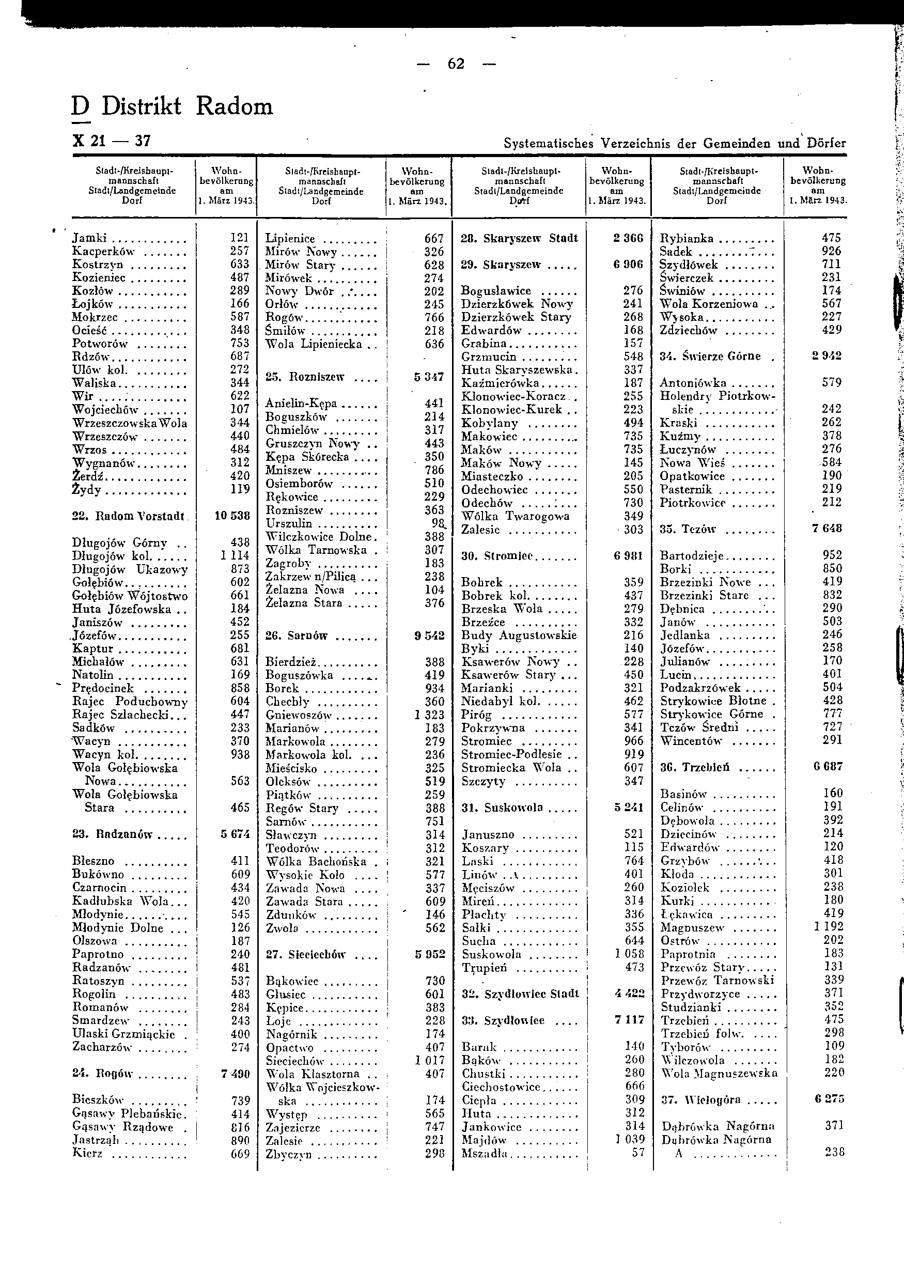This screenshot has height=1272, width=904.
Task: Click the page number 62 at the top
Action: point(456,65)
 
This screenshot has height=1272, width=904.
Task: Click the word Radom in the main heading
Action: point(235,106)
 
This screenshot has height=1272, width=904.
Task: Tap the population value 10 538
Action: point(232,516)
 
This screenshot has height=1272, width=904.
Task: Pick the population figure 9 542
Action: point(429,635)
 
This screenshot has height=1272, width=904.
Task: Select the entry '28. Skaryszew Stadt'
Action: point(519,239)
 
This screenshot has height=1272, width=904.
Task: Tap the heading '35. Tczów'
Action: point(688,529)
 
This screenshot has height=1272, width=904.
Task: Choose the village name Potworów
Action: point(100,344)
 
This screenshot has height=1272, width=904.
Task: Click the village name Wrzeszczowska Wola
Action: point(130,423)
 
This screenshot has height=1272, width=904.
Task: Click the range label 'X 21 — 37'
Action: point(112,142)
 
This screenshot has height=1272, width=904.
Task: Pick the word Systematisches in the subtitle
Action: point(548,144)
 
